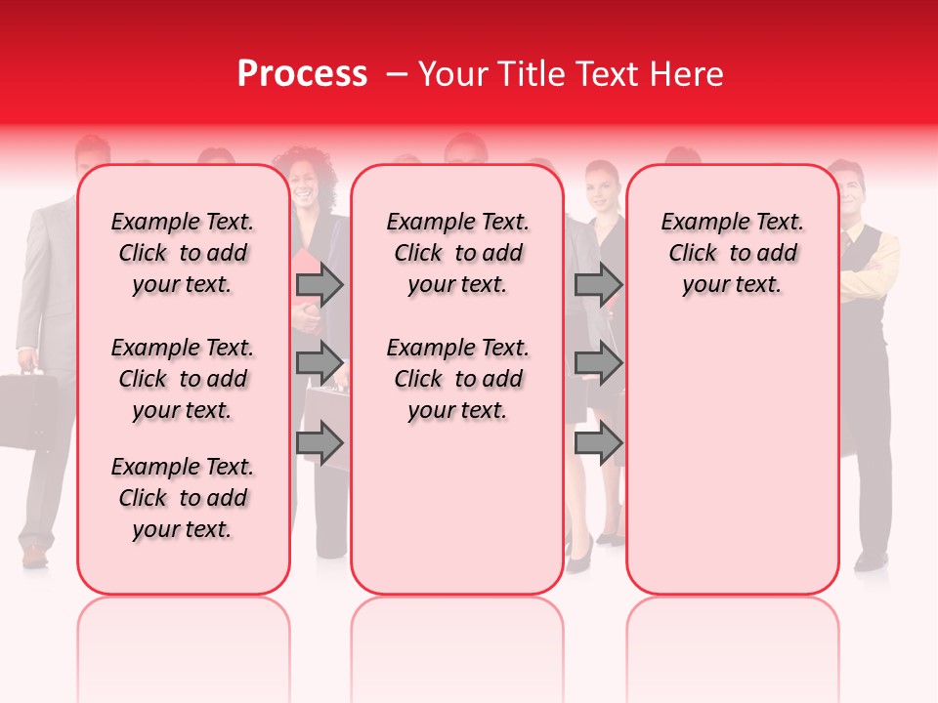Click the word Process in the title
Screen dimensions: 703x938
click(x=302, y=73)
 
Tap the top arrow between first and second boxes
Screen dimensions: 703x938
click(x=320, y=285)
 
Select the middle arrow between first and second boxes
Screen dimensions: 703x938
click(x=320, y=363)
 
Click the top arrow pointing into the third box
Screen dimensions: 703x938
click(x=599, y=285)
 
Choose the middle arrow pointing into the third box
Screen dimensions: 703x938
click(x=599, y=363)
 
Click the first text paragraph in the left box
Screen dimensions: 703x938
click(x=183, y=253)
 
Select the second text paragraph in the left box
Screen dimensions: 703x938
click(x=183, y=379)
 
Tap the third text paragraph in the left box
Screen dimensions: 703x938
click(x=183, y=498)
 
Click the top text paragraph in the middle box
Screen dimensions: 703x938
click(x=457, y=253)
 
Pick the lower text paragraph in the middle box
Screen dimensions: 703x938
click(x=457, y=379)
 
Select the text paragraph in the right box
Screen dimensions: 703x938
click(x=732, y=253)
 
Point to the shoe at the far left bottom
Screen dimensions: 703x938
click(x=35, y=557)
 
